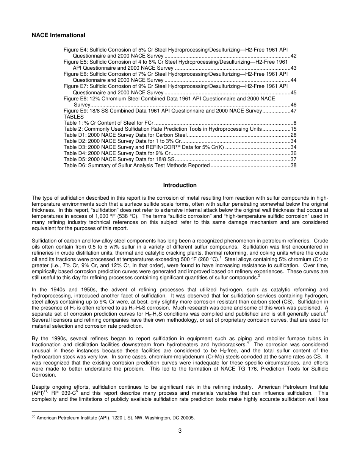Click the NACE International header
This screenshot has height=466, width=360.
click(x=58, y=35)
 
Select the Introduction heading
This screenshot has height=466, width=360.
click(x=180, y=185)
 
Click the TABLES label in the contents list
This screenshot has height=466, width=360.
click(x=74, y=117)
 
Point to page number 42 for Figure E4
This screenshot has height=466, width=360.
click(x=293, y=56)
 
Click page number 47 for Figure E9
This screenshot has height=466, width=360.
click(x=293, y=111)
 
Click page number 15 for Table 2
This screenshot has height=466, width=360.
click(x=293, y=129)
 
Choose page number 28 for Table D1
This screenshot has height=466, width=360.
click(x=293, y=135)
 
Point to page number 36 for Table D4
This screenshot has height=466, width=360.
click(x=293, y=153)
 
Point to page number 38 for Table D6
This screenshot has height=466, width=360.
click(x=293, y=166)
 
